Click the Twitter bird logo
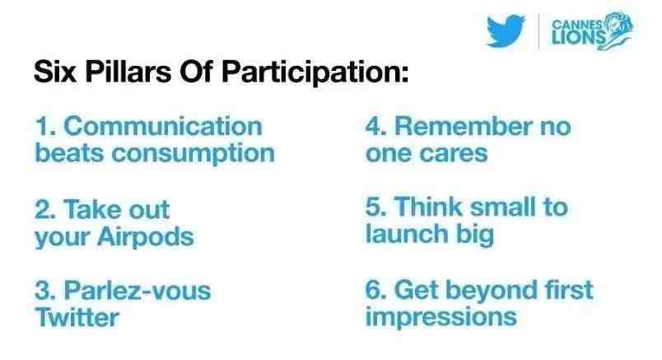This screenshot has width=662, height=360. [x=506, y=30]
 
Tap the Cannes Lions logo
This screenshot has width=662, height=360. [x=592, y=31]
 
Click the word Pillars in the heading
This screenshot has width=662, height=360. [x=128, y=71]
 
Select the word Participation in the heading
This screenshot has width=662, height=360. [x=315, y=72]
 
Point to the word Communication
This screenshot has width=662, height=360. [x=163, y=126]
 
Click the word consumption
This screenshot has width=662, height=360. [x=193, y=154]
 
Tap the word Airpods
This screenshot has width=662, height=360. [x=145, y=236]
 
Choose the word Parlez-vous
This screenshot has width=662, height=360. [x=138, y=291]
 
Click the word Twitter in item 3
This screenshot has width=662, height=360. [x=77, y=317]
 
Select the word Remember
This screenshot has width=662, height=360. [x=463, y=126]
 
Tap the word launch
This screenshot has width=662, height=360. [x=406, y=234]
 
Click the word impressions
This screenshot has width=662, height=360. [x=441, y=317]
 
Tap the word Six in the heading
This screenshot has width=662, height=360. [x=55, y=71]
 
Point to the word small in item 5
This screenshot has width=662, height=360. [x=503, y=207]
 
